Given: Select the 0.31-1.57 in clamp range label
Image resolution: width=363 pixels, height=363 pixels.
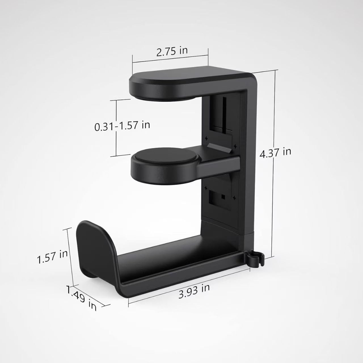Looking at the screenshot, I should pyautogui.click(x=122, y=126).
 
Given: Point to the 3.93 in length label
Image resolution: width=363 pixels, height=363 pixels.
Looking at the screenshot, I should pyautogui.click(x=194, y=292).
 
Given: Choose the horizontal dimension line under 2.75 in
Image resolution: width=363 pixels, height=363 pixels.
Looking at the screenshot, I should pyautogui.click(x=170, y=62).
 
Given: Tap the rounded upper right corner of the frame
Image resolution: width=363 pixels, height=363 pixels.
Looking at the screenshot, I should pyautogui.click(x=251, y=78).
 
